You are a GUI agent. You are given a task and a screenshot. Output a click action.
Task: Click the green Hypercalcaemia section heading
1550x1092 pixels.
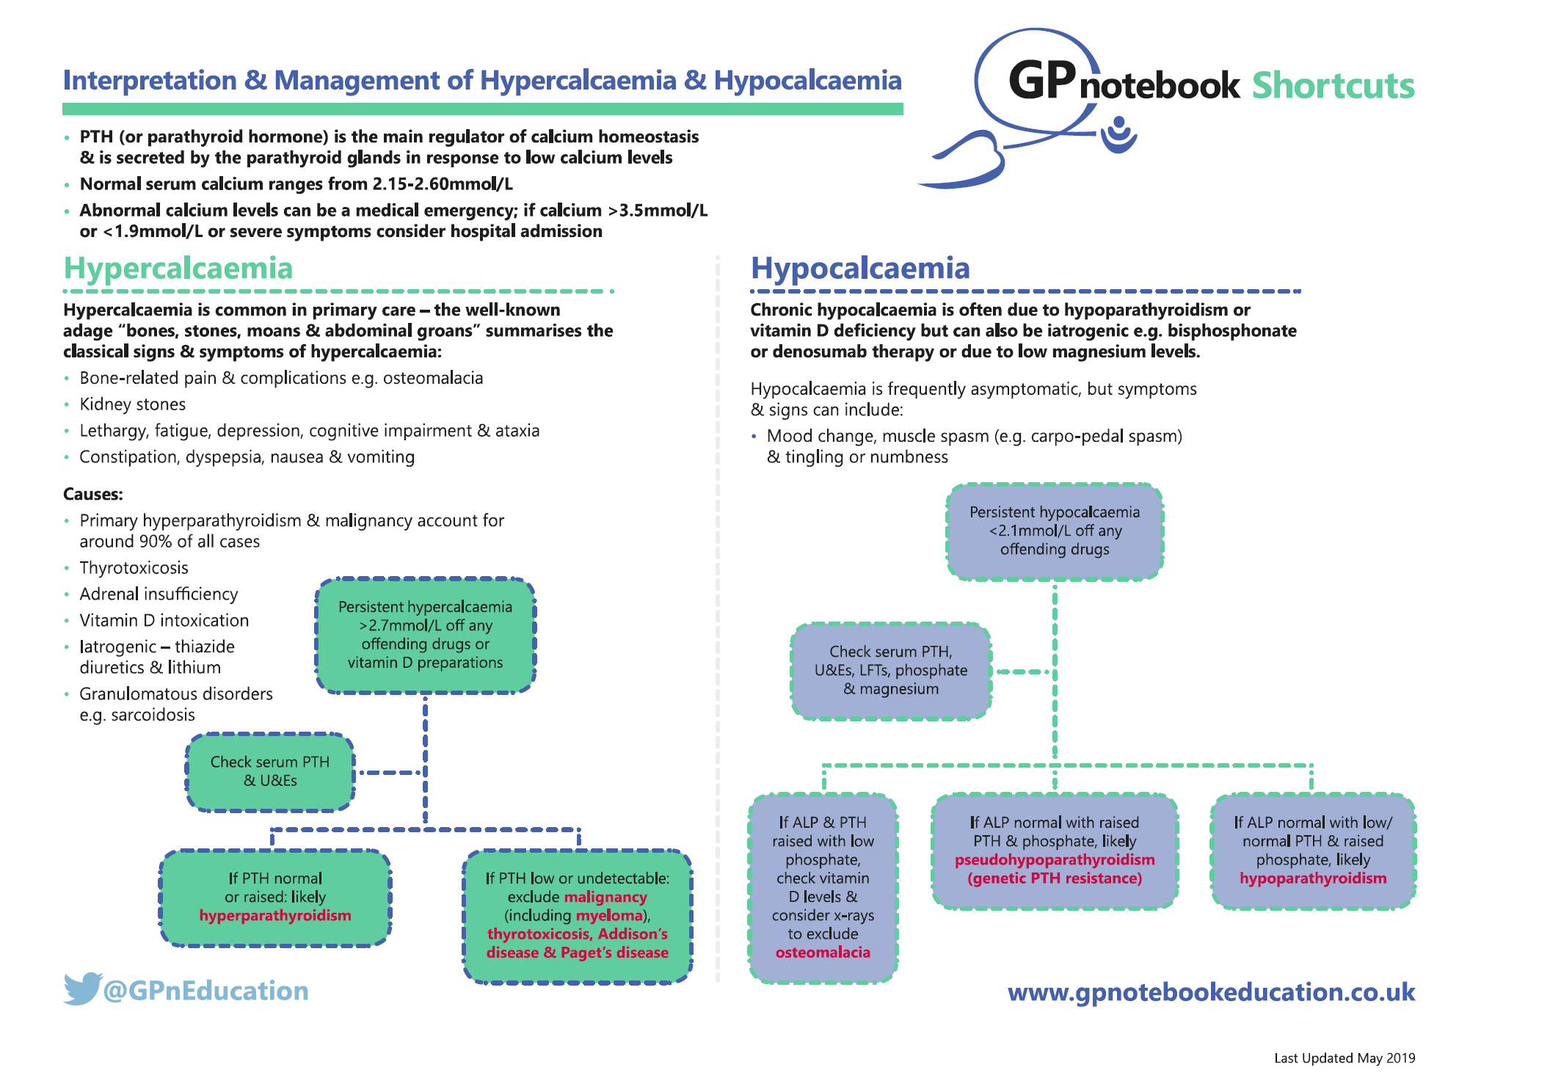178,269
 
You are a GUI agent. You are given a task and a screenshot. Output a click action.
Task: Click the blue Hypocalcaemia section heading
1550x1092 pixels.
859,269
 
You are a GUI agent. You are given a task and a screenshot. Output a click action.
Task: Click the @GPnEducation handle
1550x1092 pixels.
206,991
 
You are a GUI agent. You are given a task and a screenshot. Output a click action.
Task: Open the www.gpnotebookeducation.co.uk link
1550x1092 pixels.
1211,992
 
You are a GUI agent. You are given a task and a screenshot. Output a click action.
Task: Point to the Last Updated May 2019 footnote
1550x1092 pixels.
1345,1058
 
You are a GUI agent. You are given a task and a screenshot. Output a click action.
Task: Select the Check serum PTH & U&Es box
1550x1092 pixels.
270,771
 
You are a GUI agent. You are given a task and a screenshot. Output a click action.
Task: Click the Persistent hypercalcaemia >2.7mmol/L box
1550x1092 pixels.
425,635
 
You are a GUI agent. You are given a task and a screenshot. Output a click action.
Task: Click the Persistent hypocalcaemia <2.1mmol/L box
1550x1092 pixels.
1055,531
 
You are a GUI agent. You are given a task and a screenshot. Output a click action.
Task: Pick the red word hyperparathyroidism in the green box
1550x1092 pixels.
275,916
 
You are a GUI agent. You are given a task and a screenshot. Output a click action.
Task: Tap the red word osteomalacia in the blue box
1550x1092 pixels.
823,953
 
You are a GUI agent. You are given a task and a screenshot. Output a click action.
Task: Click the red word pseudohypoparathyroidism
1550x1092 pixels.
1055,860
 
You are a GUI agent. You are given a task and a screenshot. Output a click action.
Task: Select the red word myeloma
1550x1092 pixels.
609,916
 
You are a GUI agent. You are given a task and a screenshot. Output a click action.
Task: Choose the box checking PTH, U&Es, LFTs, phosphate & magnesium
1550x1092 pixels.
891,670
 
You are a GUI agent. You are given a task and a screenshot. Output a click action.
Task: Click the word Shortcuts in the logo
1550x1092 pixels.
1333,86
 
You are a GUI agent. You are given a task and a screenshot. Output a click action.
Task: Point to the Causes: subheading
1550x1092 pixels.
93,494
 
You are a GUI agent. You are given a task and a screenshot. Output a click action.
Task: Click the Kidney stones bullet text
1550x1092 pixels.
133,404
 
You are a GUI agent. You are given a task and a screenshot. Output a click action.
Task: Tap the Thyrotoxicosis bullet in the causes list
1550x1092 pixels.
134,568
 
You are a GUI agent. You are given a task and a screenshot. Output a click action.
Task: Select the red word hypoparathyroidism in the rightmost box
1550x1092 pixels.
1313,878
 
